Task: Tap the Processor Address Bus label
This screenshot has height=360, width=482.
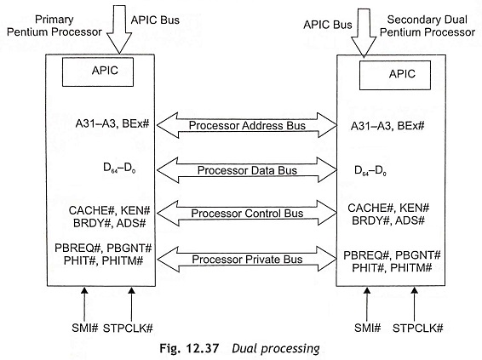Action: [247, 125]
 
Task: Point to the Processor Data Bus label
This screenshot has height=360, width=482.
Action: [247, 170]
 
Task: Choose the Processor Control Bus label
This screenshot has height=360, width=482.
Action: [247, 213]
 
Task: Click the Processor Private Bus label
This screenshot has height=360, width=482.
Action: [247, 260]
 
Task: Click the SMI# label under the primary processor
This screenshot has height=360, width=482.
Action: [85, 328]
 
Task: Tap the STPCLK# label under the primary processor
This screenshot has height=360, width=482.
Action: [128, 328]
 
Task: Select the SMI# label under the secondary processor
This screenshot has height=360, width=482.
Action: [367, 328]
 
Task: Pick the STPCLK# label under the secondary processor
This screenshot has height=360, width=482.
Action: [418, 328]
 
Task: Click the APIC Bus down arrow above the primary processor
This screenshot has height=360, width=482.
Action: [119, 29]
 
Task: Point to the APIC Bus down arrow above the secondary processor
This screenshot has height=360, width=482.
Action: [364, 33]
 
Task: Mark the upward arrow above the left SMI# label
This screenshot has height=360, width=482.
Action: [84, 305]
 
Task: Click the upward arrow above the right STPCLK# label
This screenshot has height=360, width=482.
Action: [415, 305]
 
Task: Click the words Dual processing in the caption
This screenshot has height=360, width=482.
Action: [276, 349]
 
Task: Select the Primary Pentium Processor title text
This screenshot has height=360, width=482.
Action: [55, 26]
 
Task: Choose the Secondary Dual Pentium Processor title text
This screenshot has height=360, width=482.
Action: [427, 26]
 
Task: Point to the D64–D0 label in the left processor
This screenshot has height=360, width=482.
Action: [119, 168]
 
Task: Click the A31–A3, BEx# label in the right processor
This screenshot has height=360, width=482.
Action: [387, 126]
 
